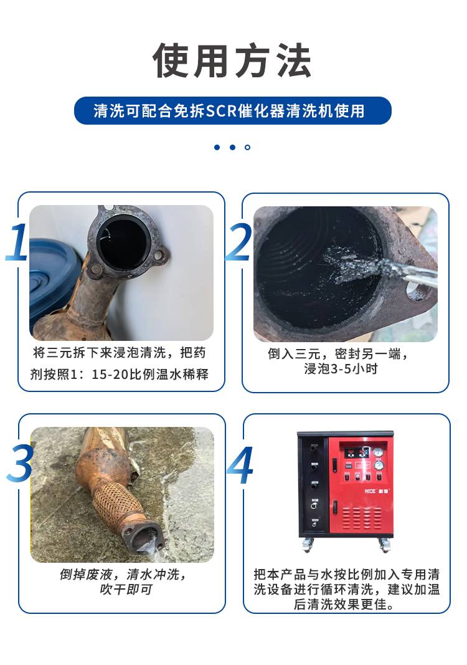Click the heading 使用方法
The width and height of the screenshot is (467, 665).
232,60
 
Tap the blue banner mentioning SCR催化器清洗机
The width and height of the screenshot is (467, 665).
233,111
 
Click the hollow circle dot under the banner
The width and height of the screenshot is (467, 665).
247,147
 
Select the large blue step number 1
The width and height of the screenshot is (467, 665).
17,242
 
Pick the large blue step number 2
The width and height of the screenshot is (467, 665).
238,242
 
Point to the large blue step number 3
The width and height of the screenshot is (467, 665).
19,463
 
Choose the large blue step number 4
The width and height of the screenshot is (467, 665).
240,465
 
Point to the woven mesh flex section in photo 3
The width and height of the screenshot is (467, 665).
115,505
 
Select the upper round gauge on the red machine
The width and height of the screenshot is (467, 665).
378,452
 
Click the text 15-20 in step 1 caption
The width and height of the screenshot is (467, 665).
110,375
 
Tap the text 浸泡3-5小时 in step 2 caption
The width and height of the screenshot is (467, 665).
341,368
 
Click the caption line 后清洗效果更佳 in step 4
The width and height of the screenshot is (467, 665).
344,604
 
